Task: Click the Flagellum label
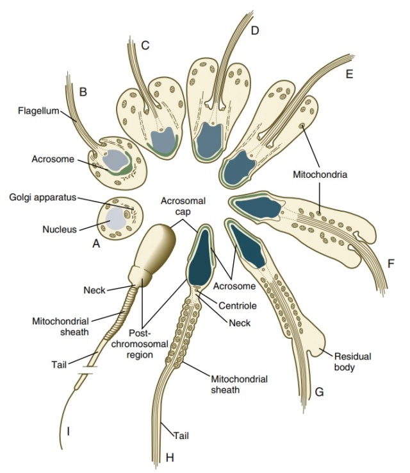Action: pos(38,110)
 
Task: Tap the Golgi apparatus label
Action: pos(43,197)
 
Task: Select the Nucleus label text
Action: pos(60,229)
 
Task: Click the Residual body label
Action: pos(352,362)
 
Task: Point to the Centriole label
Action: pos(238,305)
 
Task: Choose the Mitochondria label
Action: pos(320,175)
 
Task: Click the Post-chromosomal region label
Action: pos(140,343)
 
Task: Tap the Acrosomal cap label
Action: pos(183,206)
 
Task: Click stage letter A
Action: pos(96,243)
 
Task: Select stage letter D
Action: pos(255,30)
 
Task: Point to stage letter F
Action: pos(391,264)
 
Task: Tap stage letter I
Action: pos(69,432)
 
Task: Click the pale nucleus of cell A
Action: pos(115,218)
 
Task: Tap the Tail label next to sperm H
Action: pos(181,436)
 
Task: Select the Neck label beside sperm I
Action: pos(95,290)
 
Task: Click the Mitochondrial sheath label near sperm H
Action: pos(239,384)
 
